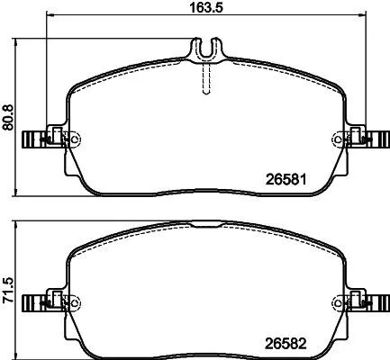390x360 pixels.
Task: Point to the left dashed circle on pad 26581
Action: [74, 139]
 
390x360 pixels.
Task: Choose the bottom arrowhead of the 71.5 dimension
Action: [20, 353]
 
